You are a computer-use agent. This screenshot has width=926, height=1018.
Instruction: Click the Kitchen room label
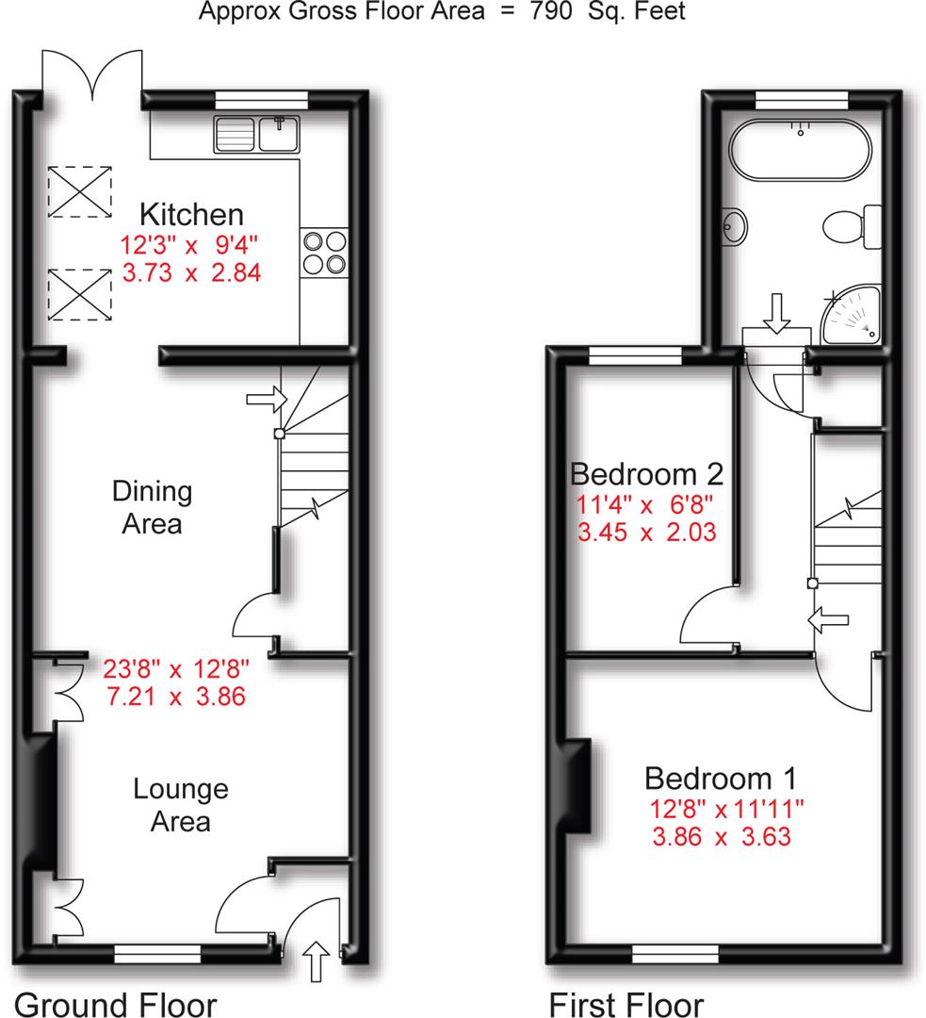coord(192,214)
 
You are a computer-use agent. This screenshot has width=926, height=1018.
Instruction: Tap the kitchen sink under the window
coord(256,134)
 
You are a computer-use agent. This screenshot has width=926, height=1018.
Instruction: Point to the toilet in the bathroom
coord(847,227)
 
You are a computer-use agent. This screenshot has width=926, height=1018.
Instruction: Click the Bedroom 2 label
coord(646,471)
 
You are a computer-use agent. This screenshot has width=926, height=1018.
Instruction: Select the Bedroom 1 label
coord(721,779)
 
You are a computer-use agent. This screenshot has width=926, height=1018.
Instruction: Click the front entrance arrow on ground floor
coord(316,961)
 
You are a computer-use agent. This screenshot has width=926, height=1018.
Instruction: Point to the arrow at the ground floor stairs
coord(265,399)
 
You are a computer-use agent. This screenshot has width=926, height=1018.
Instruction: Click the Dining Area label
coord(152,506)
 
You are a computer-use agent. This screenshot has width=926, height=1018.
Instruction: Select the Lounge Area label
coord(181,804)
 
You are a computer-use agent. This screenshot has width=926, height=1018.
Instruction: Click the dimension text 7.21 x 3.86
coord(176,698)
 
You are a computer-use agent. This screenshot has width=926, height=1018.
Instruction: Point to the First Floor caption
coord(626,1003)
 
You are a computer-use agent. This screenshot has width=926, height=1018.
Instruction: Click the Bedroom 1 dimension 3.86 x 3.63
coord(721,836)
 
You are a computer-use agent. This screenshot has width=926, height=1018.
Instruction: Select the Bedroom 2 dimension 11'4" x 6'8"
coord(646,503)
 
